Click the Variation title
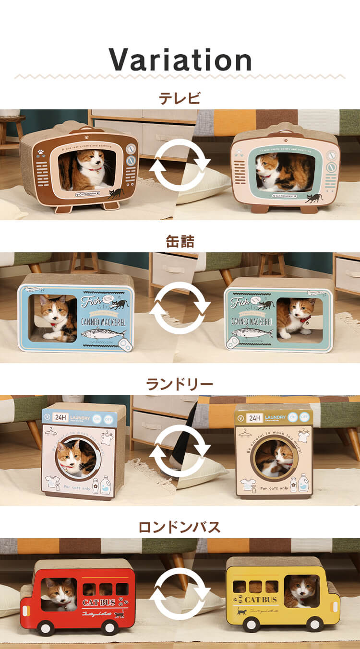pyautogui.click(x=180, y=60)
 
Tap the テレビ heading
pyautogui.click(x=180, y=98)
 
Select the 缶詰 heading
pyautogui.click(x=180, y=241)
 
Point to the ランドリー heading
pyautogui.click(x=180, y=384)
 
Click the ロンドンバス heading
pyautogui.click(x=180, y=527)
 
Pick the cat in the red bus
pyautogui.click(x=60, y=595)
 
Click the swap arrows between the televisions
pyautogui.click(x=180, y=166)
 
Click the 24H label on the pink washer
pyautogui.click(x=60, y=417)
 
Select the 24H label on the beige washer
pyautogui.click(x=255, y=418)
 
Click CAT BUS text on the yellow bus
pyautogui.click(x=261, y=600)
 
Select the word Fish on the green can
pyautogui.click(x=240, y=303)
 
